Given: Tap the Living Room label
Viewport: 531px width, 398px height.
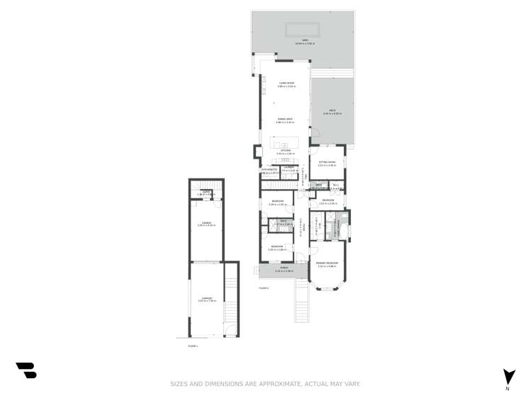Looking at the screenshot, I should coord(286,84).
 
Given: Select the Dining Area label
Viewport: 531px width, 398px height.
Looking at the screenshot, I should coord(285,119).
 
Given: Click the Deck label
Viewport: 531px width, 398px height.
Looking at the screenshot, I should coord(332,112).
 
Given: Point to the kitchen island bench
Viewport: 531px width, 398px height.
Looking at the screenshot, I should coord(285,145).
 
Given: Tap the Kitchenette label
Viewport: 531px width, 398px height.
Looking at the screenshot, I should coord(269,170).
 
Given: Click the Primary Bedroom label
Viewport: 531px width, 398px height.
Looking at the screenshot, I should coord(327,263).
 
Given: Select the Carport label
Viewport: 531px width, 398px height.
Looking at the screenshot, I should coord(206,299).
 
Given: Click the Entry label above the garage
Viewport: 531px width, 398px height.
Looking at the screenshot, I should coord(206,192).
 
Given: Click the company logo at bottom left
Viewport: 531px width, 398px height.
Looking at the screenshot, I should coord(26,370).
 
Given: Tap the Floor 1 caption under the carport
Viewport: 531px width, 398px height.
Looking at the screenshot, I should coord(193,346).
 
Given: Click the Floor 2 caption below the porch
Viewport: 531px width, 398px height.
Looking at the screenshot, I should coord(264,288).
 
